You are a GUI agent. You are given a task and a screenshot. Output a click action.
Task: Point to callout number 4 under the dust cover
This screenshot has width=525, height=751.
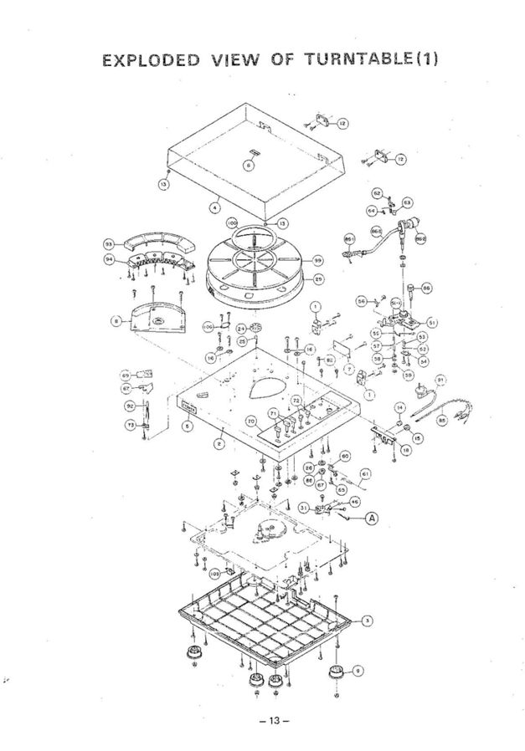coord(215,201)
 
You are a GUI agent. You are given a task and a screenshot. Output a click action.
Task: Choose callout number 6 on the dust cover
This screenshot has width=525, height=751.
coord(246,165)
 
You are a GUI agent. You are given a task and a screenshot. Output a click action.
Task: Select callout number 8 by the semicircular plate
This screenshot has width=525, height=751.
coord(115,319)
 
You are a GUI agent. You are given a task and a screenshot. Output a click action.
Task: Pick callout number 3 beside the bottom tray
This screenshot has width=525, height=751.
coord(366,620)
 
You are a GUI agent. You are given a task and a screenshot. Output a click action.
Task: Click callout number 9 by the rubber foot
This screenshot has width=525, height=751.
coord(359,669)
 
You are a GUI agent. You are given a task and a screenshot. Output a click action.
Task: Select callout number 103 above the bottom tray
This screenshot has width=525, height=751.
coord(215,575)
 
